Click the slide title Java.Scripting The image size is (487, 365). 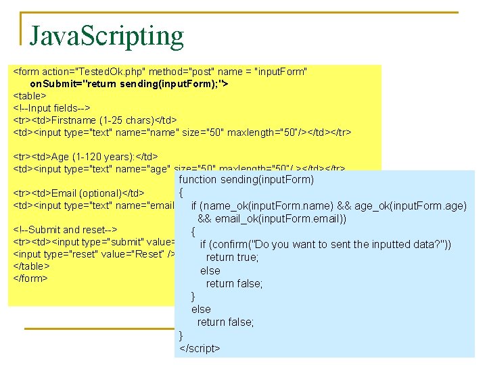click(106, 35)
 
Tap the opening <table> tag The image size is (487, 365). click(30, 96)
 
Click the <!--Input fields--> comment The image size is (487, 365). click(52, 108)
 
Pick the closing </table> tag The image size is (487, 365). click(31, 266)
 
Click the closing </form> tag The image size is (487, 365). click(30, 278)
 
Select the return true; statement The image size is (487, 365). click(233, 257)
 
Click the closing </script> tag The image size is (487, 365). click(200, 348)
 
